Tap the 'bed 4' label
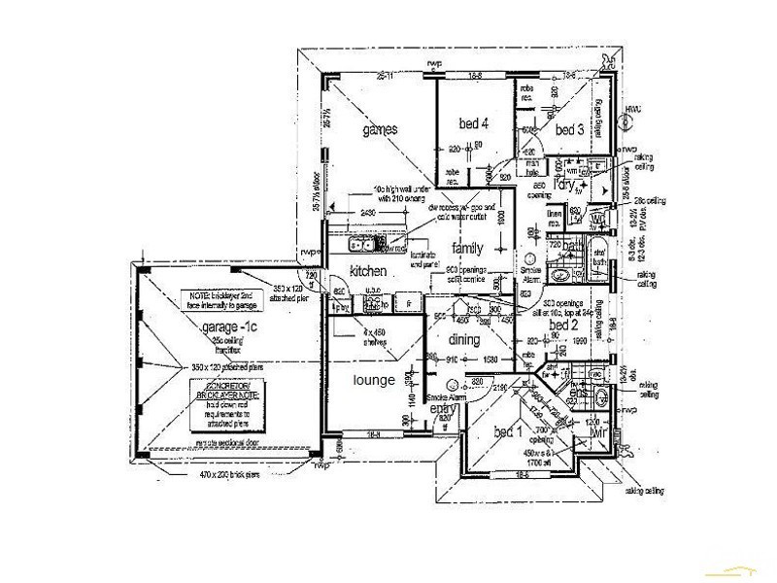pyautogui.click(x=472, y=122)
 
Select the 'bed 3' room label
pyautogui.click(x=569, y=129)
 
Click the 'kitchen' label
pyautogui.click(x=368, y=270)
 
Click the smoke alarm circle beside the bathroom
pyautogui.click(x=531, y=260)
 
